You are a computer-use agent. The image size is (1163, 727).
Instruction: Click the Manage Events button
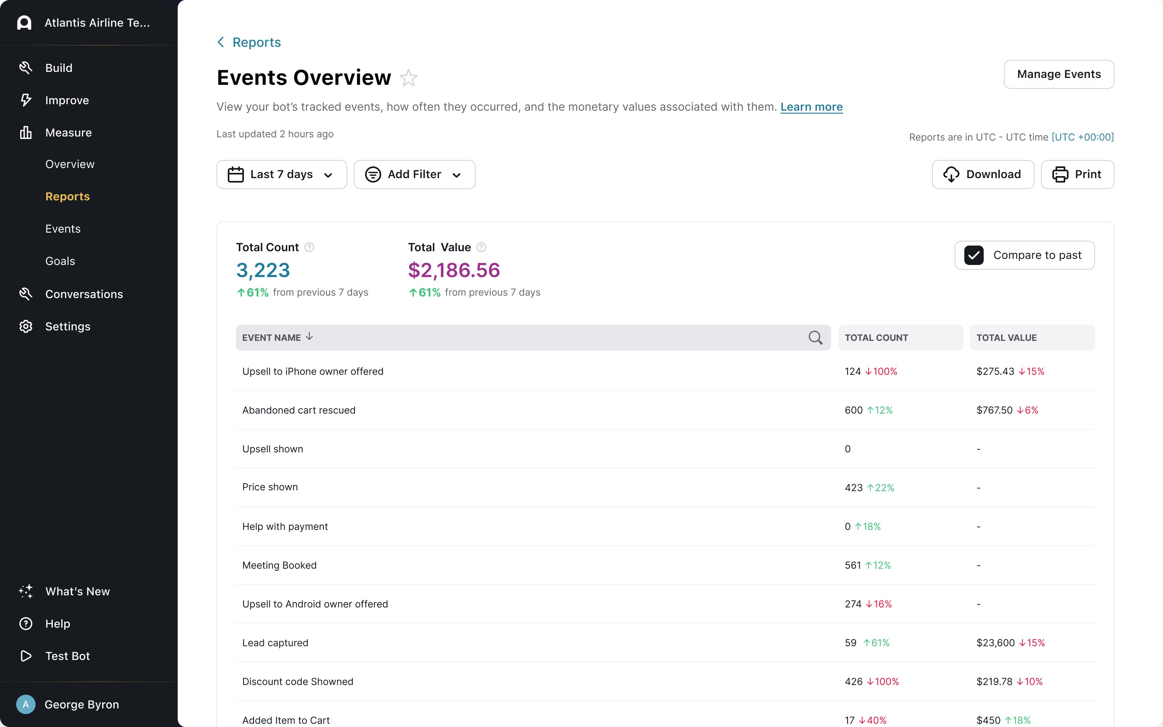[1058, 74]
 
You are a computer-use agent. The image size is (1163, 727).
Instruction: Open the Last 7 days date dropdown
[281, 174]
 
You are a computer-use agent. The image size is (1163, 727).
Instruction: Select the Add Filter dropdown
[414, 174]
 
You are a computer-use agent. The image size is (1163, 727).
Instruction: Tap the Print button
[1077, 174]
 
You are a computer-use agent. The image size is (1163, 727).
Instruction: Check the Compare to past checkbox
[974, 255]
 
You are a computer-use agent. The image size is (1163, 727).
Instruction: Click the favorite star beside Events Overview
[409, 78]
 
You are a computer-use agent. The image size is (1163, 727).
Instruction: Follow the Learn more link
[811, 107]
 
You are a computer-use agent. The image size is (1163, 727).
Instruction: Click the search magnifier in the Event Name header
[815, 338]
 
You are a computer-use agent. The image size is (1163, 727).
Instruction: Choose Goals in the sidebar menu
[60, 261]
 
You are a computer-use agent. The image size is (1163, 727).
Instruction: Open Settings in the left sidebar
[67, 326]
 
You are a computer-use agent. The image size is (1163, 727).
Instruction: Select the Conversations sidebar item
[84, 294]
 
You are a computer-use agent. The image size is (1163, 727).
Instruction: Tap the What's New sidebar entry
[78, 591]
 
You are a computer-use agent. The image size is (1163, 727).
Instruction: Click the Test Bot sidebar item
[67, 656]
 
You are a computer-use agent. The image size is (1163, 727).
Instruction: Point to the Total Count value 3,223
[263, 270]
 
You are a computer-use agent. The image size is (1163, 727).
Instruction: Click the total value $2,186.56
[453, 270]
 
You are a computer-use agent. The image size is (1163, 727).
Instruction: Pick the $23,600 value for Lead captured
[995, 643]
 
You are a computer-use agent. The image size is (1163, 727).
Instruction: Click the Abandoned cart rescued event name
[298, 410]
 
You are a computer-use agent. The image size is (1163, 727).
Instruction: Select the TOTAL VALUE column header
[1006, 338]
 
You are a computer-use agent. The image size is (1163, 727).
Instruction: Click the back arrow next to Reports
[220, 42]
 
